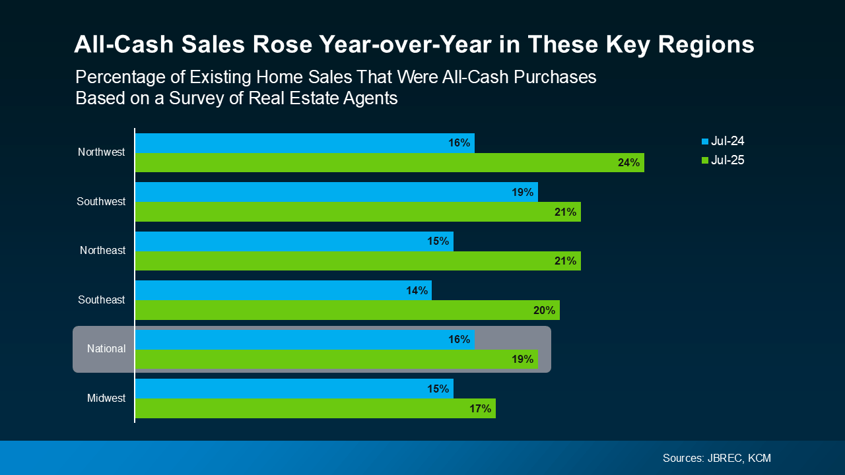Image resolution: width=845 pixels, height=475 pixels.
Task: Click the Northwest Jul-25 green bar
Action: click(389, 163)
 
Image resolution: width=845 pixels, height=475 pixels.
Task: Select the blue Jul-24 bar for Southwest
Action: click(337, 192)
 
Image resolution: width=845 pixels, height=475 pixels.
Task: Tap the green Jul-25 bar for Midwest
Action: click(315, 408)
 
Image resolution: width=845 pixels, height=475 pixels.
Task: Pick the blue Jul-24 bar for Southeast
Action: click(283, 290)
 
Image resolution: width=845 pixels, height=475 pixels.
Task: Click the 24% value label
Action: click(628, 163)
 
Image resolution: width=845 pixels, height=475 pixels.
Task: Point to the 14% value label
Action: click(417, 290)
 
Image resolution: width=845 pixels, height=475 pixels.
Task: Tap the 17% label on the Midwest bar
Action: click(480, 408)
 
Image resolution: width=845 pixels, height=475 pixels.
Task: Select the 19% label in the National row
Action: click(522, 360)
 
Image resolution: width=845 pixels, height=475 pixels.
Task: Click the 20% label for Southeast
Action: click(544, 310)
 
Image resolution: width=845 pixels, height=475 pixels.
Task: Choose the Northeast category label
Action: click(102, 251)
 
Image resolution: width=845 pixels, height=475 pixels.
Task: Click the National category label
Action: click(106, 349)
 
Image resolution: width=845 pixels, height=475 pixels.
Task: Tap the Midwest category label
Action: click(106, 398)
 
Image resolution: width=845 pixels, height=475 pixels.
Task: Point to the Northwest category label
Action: click(101, 152)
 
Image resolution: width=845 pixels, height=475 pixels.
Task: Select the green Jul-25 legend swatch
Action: click(705, 160)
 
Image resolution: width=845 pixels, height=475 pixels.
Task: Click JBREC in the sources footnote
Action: click(724, 458)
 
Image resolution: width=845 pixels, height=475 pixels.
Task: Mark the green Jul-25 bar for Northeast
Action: click(358, 261)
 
